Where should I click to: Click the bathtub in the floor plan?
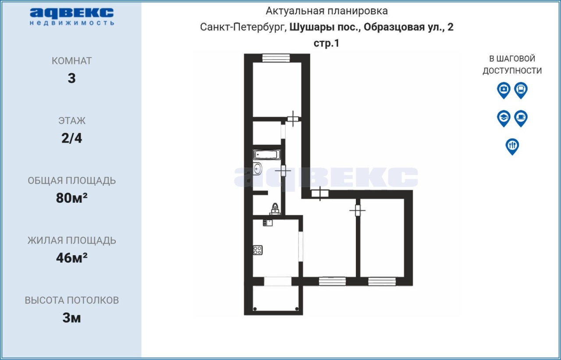(267, 155)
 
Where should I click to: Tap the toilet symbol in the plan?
(275, 209)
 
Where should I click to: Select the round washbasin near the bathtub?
(257, 169)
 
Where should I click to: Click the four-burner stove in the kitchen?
(258, 250)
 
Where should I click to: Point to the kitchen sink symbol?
(267, 222)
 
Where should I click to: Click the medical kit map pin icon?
(504, 90)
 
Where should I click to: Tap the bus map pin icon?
(521, 90)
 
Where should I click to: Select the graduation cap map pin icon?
(504, 118)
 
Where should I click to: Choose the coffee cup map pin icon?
(521, 118)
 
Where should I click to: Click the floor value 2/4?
(71, 138)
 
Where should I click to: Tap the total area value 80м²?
(71, 198)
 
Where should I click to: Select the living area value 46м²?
(71, 258)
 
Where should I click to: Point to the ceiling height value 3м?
(71, 318)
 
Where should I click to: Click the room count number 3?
(71, 78)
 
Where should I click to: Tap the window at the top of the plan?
(276, 58)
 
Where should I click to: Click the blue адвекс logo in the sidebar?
(72, 17)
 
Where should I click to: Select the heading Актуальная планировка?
(327, 11)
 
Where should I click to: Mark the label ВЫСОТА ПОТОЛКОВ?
(71, 300)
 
